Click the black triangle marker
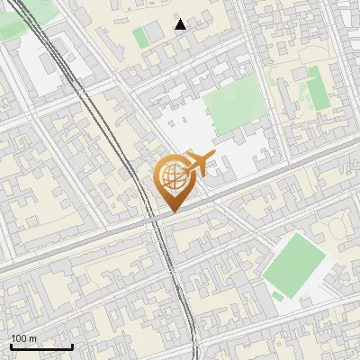tap(181, 24)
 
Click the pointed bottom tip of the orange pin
tap(172, 212)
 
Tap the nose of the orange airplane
tap(212, 157)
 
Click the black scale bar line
tap(41, 346)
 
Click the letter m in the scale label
tap(33, 338)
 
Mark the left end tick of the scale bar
tap(11, 346)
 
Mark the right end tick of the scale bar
tap(72, 346)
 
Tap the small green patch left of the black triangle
tap(140, 38)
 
